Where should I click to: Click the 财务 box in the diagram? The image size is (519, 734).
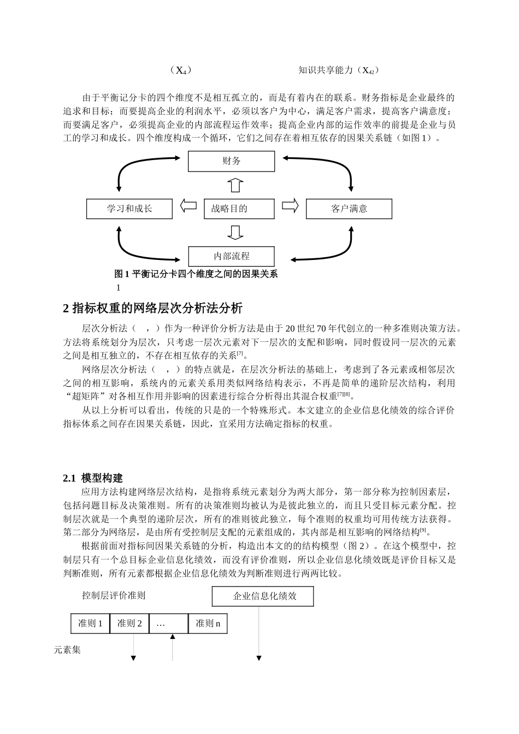[x=231, y=161]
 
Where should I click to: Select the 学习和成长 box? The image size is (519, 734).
[x=129, y=209]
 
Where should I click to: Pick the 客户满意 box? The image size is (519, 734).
[x=349, y=209]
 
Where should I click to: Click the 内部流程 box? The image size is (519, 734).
[x=231, y=256]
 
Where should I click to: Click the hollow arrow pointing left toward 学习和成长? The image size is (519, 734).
[x=188, y=206]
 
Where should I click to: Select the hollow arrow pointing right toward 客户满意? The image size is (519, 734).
[x=290, y=206]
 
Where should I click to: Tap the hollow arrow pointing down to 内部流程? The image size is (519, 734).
[x=235, y=233]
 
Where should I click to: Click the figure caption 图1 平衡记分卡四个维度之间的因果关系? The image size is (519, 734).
[x=196, y=274]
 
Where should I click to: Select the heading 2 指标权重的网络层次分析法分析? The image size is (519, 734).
[x=153, y=309]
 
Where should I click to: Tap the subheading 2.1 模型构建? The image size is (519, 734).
[x=93, y=478]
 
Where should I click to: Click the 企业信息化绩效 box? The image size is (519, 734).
[x=263, y=596]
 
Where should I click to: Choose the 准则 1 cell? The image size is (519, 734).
[x=91, y=623]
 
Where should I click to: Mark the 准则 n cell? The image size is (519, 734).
[x=208, y=623]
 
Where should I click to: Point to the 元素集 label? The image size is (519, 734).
[x=67, y=650]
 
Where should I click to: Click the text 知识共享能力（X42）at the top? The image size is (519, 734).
[x=339, y=70]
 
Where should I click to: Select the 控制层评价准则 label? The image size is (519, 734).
[x=114, y=595]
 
